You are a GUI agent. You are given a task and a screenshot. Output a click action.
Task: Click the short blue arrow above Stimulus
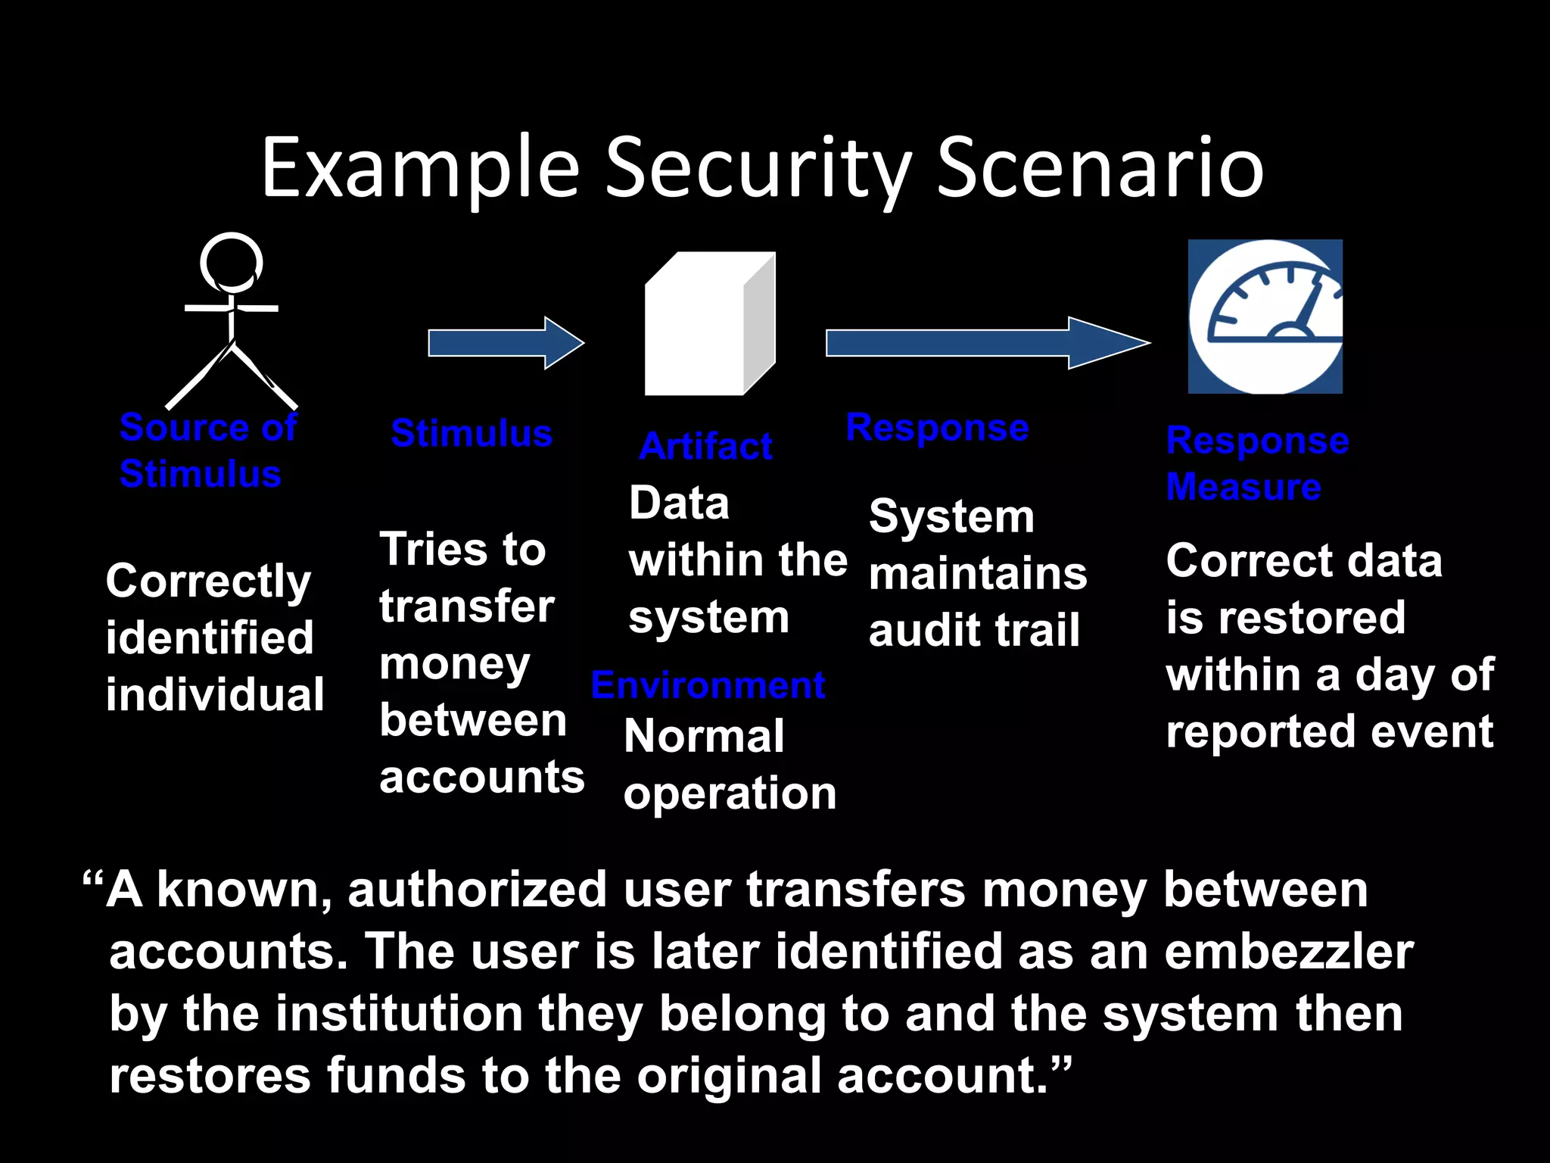tap(506, 343)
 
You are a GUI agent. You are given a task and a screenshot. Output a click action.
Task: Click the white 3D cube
tap(709, 324)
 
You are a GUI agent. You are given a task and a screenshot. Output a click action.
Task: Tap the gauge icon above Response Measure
tap(1265, 316)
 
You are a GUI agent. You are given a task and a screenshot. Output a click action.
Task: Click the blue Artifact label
tap(705, 446)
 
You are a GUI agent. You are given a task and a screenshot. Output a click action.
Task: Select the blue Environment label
tap(708, 685)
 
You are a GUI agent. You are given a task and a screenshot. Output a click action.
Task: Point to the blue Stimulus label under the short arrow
tap(472, 433)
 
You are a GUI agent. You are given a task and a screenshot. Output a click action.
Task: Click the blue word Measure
tap(1243, 486)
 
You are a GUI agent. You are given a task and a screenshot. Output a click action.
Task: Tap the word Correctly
tap(208, 581)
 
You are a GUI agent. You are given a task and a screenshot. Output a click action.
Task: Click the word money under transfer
tap(454, 665)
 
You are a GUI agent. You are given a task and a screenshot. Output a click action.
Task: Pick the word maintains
tap(978, 573)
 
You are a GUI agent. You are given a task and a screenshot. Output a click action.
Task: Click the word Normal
tap(704, 736)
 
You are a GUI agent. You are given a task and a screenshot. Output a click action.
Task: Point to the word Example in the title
tap(420, 168)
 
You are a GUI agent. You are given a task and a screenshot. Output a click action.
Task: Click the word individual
tap(215, 694)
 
